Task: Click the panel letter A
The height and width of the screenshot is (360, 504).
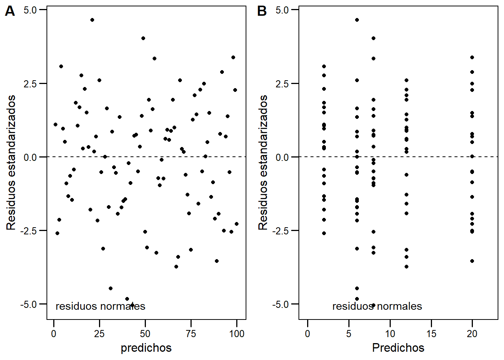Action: click(10, 12)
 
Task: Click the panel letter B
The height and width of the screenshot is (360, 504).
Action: click(262, 12)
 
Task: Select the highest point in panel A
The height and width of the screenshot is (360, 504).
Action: click(92, 20)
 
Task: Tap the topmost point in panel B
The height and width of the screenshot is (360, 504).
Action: click(357, 20)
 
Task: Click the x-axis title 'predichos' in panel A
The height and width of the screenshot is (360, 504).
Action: click(146, 348)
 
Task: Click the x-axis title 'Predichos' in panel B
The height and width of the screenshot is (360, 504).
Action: click(398, 348)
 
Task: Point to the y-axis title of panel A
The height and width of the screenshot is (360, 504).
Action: click(11, 162)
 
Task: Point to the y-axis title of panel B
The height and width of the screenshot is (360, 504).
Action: click(263, 162)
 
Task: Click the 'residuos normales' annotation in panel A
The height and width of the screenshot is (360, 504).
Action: click(100, 306)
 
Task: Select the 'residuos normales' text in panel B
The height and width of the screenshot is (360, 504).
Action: click(377, 306)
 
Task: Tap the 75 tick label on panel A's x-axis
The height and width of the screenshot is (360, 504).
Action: click(191, 334)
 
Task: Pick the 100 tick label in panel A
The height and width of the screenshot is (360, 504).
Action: click(237, 334)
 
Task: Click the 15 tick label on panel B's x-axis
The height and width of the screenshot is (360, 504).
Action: click(431, 334)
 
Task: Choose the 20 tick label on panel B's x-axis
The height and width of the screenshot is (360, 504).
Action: click(472, 334)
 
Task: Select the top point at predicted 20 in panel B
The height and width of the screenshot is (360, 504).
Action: click(472, 57)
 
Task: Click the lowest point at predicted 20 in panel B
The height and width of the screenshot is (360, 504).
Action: click(472, 261)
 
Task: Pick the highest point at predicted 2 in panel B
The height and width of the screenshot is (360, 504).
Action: click(324, 66)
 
